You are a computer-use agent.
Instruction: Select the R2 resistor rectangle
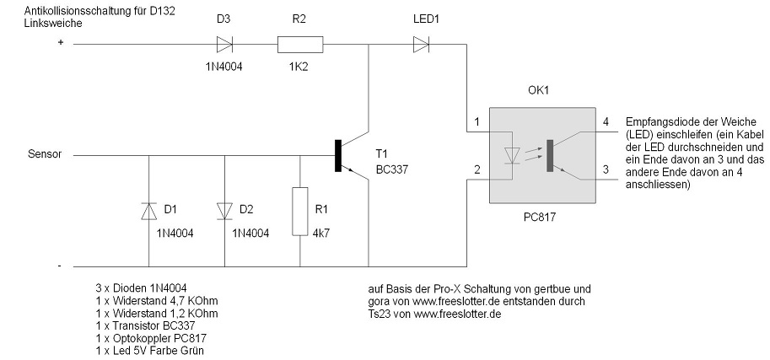click(x=299, y=44)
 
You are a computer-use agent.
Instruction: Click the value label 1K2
click(x=299, y=66)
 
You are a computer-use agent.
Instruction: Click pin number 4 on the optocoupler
click(x=606, y=120)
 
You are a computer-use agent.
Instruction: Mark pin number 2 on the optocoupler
click(x=477, y=169)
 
